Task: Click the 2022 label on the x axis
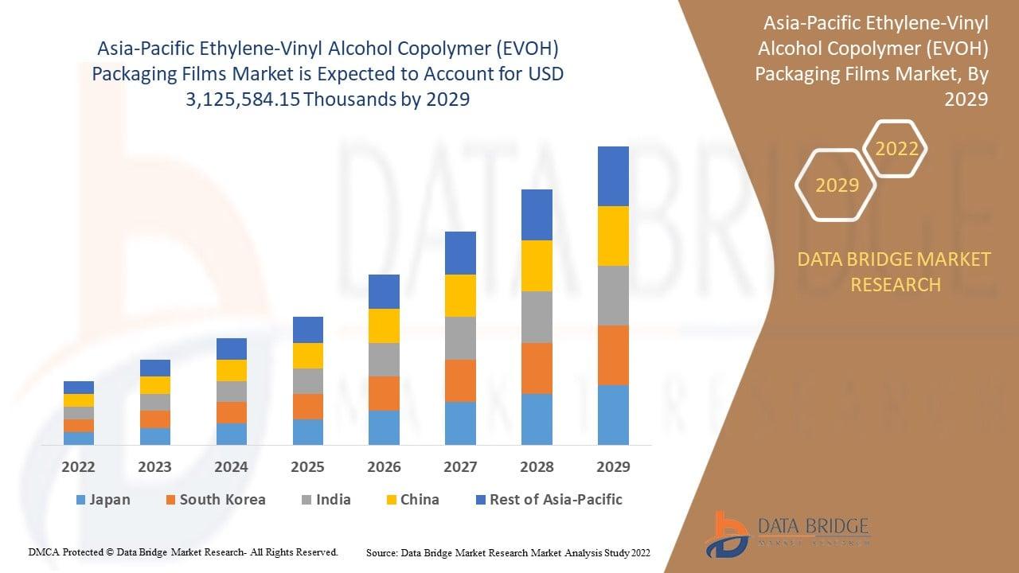(x=78, y=466)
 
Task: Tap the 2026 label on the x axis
(x=384, y=466)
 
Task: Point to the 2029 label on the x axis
(x=613, y=466)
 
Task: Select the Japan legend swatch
(x=80, y=500)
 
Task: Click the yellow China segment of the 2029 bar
(x=613, y=236)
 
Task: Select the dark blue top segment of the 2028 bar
(x=537, y=215)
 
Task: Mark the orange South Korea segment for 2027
(x=460, y=380)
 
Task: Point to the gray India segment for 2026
(x=384, y=360)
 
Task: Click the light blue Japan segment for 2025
(x=308, y=431)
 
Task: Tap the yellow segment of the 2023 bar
(x=155, y=385)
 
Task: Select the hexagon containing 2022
(x=896, y=149)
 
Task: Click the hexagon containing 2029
(x=837, y=185)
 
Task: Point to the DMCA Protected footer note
(x=183, y=552)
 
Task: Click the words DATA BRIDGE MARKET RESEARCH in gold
(x=895, y=271)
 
